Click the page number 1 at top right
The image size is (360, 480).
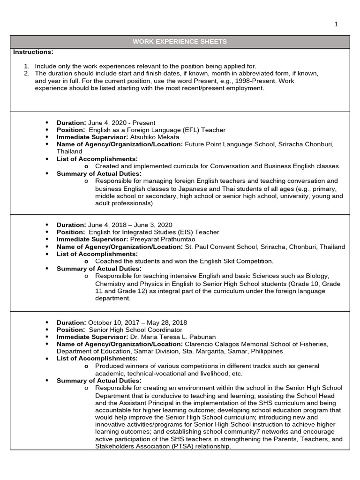pos(336,24)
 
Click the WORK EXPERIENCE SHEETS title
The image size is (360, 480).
pos(180,42)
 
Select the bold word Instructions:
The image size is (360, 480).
pos(33,52)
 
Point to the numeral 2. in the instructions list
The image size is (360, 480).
pos(26,74)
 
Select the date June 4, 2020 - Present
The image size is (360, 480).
pos(118,122)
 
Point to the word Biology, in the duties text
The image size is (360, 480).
pos(317,276)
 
